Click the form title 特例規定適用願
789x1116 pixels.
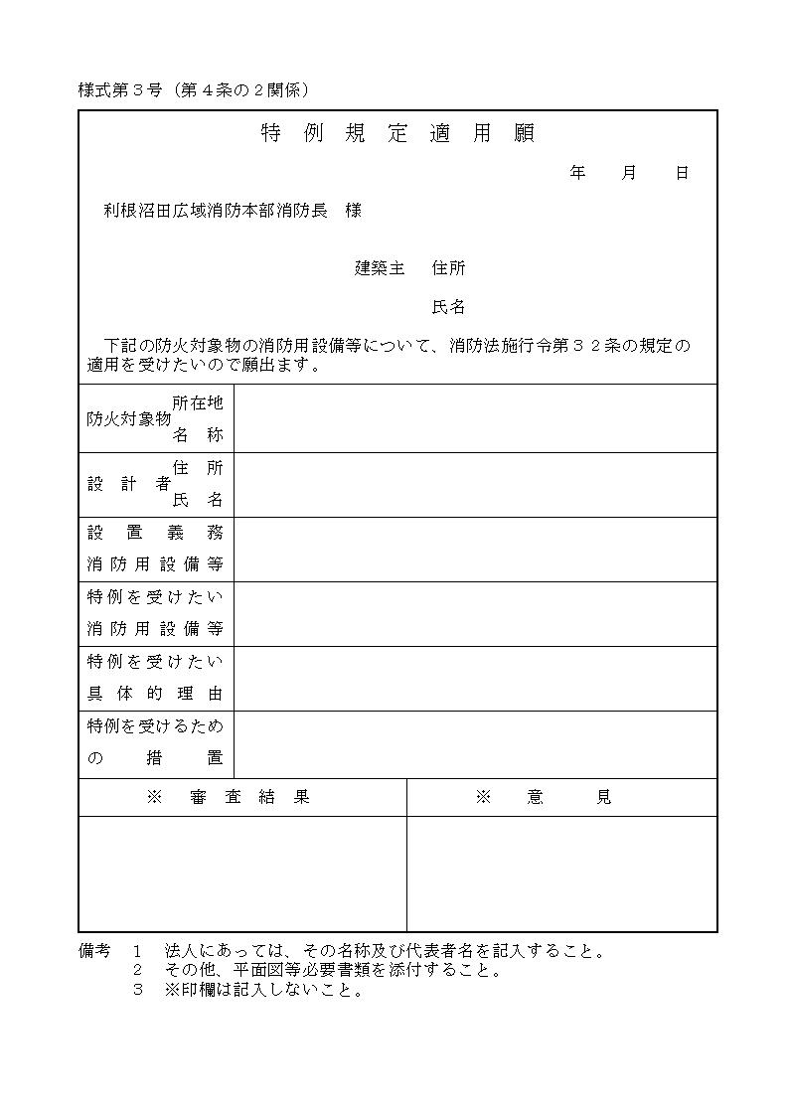(x=397, y=134)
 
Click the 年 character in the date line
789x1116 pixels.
(x=577, y=173)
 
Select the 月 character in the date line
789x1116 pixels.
(x=629, y=173)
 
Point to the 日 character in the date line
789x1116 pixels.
(x=682, y=173)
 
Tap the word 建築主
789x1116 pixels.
(x=381, y=268)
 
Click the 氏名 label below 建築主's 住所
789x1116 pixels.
(x=448, y=308)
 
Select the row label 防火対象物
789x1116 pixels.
(x=128, y=419)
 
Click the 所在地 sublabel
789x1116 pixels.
(x=198, y=402)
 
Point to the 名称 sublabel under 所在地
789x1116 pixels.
(x=198, y=435)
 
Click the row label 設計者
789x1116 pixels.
(x=128, y=485)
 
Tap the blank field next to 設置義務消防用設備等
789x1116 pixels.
(x=475, y=550)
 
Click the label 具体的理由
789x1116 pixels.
(x=155, y=694)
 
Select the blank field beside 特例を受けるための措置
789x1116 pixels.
(x=475, y=744)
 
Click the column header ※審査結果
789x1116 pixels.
(x=229, y=797)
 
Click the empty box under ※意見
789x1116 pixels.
(x=561, y=874)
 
